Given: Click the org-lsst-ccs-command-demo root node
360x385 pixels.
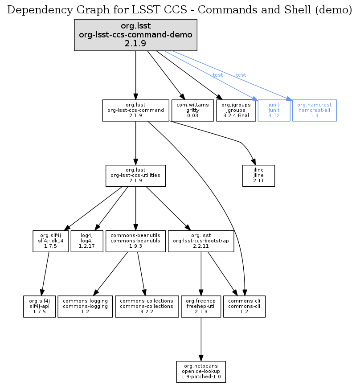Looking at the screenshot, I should click(135, 35).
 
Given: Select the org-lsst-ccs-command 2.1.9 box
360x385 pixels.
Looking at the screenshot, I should click(135, 110).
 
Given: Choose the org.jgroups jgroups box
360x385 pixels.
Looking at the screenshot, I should click(236, 110).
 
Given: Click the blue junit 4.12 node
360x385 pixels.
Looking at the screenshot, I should click(274, 110).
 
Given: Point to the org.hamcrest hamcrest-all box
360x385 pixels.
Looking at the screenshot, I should click(314, 110).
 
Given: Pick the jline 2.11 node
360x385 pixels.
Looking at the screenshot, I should click(258, 176).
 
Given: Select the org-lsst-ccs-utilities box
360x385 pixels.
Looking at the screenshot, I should click(135, 176).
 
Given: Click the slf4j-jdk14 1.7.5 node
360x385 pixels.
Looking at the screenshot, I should click(51, 241).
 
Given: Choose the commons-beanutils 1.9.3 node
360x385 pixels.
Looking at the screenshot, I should click(135, 241).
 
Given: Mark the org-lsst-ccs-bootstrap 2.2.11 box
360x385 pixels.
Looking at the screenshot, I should click(201, 241).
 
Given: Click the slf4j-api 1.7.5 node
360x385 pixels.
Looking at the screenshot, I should click(40, 306).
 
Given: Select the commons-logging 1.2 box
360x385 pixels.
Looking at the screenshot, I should click(85, 306).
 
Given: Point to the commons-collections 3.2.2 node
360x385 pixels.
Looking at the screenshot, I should click(147, 306).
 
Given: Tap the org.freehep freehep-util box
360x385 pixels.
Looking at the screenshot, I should click(201, 306).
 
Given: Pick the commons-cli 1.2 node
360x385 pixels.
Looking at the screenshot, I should click(244, 306).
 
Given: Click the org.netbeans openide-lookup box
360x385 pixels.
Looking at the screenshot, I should click(201, 372).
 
